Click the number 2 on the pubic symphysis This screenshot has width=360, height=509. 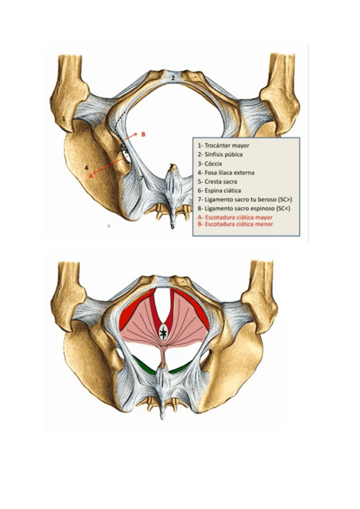[172, 77]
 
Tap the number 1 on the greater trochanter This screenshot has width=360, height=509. [64, 119]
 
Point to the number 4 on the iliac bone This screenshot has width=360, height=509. [86, 167]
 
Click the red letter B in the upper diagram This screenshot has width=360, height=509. [143, 134]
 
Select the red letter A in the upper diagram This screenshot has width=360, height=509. [91, 177]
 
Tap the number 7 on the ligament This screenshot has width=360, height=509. [142, 178]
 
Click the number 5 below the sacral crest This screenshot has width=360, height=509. [172, 227]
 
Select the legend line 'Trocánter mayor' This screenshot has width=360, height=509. [223, 145]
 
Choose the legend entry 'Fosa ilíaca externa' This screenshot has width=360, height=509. [226, 172]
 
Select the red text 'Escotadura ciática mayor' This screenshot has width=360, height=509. [236, 217]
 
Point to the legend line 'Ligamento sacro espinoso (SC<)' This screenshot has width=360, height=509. [244, 208]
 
